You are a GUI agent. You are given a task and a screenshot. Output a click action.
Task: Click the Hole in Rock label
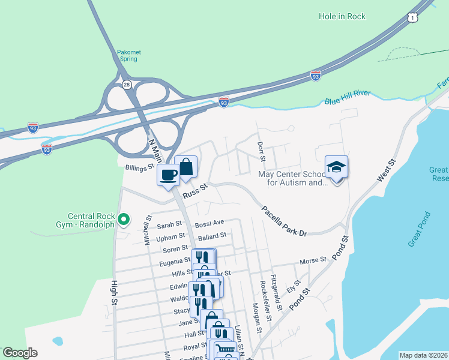click(x=342, y=16)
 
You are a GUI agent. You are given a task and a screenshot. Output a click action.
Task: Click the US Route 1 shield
click(x=412, y=19)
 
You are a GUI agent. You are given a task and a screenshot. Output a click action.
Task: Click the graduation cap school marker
click(x=336, y=169)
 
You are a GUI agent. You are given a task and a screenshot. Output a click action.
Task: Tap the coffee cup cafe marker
click(x=169, y=175)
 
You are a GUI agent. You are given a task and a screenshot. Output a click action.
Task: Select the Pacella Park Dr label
click(x=284, y=220)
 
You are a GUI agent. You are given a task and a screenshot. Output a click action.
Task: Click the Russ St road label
click(x=194, y=191)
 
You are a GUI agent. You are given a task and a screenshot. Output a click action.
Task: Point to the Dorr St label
click(x=261, y=151)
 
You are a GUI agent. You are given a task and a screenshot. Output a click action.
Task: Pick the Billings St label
click(x=139, y=169)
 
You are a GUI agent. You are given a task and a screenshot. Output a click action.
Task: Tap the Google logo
click(x=20, y=353)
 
